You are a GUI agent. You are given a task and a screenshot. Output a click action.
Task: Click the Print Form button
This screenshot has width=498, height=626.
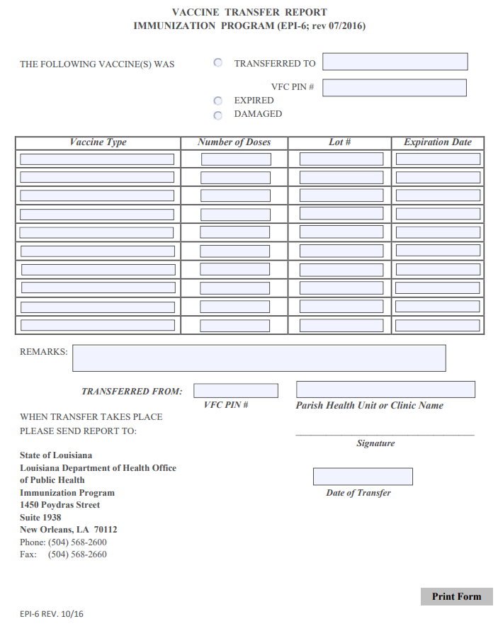tap(456, 596)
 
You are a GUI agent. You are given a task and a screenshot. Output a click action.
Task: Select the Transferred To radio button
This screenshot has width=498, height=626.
tap(218, 62)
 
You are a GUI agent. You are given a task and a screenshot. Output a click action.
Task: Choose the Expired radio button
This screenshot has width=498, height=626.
tap(218, 101)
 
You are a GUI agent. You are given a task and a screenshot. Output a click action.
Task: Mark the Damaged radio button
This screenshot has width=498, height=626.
tap(218, 115)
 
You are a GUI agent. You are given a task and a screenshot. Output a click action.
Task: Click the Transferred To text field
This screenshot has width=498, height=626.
tap(395, 62)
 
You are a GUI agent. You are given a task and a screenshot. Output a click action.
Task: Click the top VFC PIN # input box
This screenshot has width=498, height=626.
tap(395, 88)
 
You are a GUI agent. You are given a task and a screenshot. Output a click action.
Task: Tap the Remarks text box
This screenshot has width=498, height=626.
tap(259, 358)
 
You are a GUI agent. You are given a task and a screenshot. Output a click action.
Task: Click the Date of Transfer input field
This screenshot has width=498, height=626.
tap(363, 477)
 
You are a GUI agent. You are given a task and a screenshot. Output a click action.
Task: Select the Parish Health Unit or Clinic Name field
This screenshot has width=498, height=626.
tap(385, 389)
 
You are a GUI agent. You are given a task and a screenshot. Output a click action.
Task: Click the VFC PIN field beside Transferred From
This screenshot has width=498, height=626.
tap(236, 391)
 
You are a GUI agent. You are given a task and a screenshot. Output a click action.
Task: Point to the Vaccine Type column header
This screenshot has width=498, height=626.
tap(98, 142)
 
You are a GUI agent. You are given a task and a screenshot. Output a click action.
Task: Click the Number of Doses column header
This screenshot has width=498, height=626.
tap(234, 142)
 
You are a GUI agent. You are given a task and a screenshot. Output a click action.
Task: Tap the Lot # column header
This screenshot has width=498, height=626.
tap(340, 142)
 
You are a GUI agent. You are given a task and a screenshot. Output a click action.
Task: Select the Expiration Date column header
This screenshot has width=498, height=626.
tap(438, 142)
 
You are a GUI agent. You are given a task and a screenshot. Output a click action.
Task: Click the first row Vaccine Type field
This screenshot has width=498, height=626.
tap(97, 159)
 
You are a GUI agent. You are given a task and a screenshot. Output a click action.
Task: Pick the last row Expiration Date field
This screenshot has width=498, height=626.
tap(438, 326)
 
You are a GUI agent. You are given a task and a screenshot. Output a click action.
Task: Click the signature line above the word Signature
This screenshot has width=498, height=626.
tap(385, 434)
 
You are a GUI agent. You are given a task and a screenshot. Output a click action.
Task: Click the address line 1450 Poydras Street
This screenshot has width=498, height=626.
tap(60, 505)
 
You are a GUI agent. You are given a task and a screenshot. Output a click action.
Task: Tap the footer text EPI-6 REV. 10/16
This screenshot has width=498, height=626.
tap(52, 614)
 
